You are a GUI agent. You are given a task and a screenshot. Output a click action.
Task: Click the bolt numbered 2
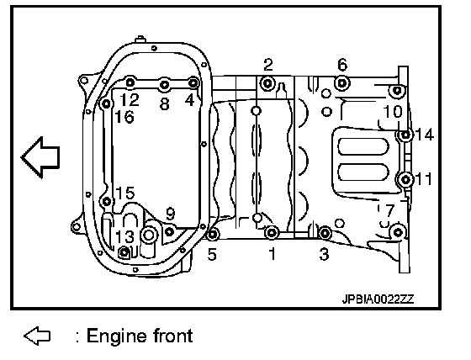coord(267,83)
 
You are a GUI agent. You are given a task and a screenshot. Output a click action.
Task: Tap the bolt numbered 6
coord(342,83)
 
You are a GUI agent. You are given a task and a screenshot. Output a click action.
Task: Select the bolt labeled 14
coord(405,135)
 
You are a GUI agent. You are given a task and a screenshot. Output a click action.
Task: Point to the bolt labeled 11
coord(405,180)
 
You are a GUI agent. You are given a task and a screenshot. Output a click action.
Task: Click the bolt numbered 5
coord(213,234)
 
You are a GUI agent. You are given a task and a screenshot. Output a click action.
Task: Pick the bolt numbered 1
coord(272,232)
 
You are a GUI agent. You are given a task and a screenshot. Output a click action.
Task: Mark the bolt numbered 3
coord(325,233)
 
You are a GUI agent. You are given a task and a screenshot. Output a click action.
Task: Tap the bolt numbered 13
coord(124,252)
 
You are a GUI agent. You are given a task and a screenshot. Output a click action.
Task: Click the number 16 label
coord(124,117)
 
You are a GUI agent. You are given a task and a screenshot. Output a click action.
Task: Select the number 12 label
coord(130,99)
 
